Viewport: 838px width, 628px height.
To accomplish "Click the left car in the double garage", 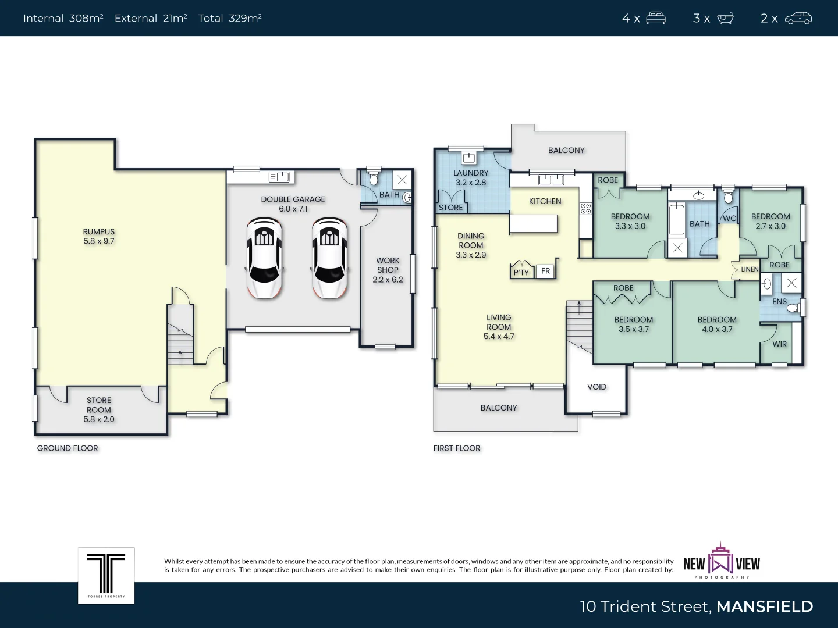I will pos(264,258).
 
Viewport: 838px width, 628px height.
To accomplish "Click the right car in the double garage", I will pos(329,258).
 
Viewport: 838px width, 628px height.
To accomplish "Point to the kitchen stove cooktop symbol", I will pos(585,208).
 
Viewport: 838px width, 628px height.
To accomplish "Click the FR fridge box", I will pos(545,271).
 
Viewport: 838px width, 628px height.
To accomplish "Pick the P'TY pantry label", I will pos(521,272).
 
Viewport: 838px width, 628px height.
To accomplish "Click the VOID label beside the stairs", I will pos(596,387).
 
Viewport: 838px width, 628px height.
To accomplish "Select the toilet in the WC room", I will pos(728,196).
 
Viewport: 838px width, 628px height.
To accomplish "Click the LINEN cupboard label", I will pos(750,269).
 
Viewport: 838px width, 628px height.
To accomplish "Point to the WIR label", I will pos(779,344).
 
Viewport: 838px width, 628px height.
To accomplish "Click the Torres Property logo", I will pos(106,575).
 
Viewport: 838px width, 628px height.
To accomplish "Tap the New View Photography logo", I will pos(722,562).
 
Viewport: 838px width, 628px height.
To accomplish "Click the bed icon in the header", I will pos(656,18).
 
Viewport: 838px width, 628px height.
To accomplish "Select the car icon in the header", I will pos(798,18).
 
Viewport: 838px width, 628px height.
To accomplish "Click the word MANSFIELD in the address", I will pos(764,606).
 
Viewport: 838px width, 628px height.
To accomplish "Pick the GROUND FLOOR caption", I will pos(68,448).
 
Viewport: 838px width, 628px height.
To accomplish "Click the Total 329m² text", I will pos(229,18).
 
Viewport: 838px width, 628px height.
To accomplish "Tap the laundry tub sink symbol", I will pos(469,158).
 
